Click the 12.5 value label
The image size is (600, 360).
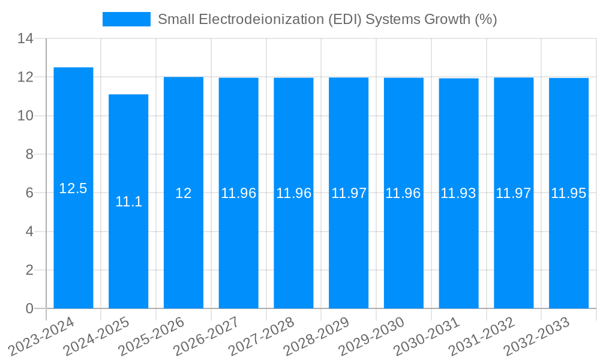pyautogui.click(x=73, y=188)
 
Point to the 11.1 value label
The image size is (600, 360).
pyautogui.click(x=128, y=202)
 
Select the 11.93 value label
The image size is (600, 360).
pyautogui.click(x=458, y=193)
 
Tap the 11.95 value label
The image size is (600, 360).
pyautogui.click(x=569, y=193)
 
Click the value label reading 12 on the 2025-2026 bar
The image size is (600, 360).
pyautogui.click(x=184, y=193)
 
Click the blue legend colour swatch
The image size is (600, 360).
pyautogui.click(x=127, y=19)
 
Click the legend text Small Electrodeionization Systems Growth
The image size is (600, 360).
pyautogui.click(x=327, y=19)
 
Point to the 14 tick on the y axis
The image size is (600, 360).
pyautogui.click(x=25, y=39)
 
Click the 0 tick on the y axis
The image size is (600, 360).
pyautogui.click(x=29, y=308)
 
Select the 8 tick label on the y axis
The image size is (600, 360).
pyautogui.click(x=29, y=154)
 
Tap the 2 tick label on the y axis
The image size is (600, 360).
pyautogui.click(x=29, y=270)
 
